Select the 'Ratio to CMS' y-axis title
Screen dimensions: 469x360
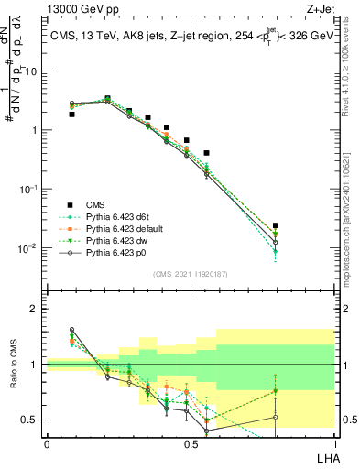[14, 377]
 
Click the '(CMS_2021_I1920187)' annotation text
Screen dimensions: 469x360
[191, 274]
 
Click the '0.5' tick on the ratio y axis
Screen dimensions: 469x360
[30, 420]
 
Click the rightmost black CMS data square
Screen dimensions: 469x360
[276, 225]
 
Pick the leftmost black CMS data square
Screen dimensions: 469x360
[72, 115]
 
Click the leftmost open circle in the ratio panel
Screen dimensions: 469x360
[72, 330]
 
